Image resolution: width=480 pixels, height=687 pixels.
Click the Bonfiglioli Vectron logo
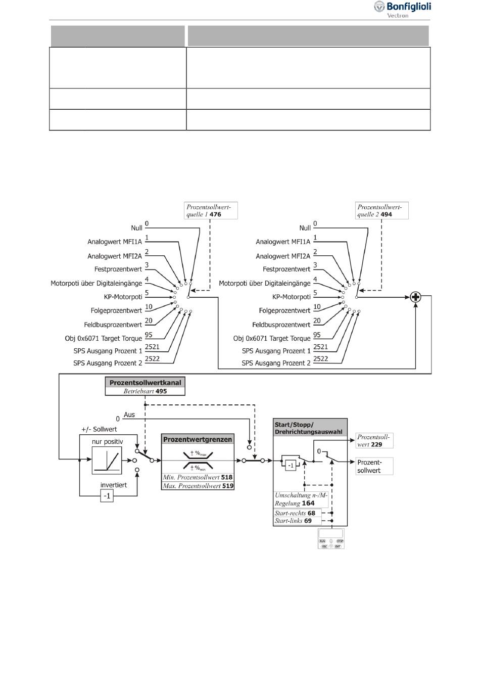pos(402,10)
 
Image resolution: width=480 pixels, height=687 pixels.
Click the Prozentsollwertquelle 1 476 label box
pos(211,210)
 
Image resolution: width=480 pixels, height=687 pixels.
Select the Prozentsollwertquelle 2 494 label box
pos(381,210)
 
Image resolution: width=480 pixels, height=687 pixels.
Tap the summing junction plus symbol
pos(415,297)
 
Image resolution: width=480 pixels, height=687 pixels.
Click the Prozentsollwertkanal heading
pos(146,383)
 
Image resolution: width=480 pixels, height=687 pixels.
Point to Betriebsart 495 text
pos(146,391)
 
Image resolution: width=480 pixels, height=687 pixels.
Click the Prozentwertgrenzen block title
pos(198,439)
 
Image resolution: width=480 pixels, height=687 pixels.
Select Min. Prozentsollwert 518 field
pos(198,477)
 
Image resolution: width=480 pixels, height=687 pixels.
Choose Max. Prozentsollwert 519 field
pos(198,486)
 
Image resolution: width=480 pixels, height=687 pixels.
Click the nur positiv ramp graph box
pos(107,461)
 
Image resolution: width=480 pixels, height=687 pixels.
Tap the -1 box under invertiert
pos(107,496)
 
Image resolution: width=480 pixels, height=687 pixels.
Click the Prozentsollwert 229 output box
pos(374,441)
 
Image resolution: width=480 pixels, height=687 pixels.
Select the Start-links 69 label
pos(293,521)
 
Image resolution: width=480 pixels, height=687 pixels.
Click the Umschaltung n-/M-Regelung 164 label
pos(301,499)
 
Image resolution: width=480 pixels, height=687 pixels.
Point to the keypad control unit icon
pos(331,539)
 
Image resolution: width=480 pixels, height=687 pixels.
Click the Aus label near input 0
pos(129,415)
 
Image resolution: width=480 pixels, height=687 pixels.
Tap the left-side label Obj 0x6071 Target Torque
pos(103,338)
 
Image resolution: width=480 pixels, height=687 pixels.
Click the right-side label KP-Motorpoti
pos(291,297)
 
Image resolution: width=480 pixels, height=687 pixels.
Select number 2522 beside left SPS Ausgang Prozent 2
pos(152,358)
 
